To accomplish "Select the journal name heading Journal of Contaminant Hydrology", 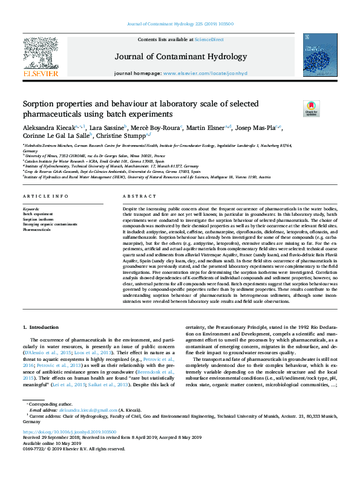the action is pos(180,57).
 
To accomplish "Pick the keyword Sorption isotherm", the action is pos(36,219).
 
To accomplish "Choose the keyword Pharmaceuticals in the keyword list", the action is pos(37,230).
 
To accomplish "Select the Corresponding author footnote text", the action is pos(50,421).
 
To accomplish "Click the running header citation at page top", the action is pos(180,24).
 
